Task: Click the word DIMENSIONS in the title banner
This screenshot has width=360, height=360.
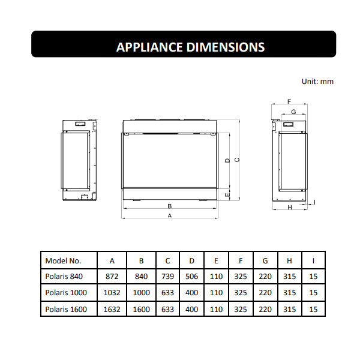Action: pyautogui.click(x=225, y=47)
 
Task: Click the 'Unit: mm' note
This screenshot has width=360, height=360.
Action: pyautogui.click(x=317, y=82)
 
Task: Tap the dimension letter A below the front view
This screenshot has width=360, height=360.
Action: pyautogui.click(x=170, y=216)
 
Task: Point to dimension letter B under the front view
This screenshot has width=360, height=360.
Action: pyautogui.click(x=170, y=206)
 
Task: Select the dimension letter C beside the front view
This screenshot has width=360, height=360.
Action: pyautogui.click(x=237, y=160)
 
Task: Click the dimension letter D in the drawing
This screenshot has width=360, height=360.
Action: pyautogui.click(x=227, y=160)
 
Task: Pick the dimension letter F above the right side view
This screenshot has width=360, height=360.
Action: pyautogui.click(x=289, y=101)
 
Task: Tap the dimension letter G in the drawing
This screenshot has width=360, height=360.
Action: pyautogui.click(x=293, y=112)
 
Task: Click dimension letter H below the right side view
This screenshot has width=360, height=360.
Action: pyautogui.click(x=290, y=208)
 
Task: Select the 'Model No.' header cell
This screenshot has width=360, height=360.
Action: pyautogui.click(x=64, y=261)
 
